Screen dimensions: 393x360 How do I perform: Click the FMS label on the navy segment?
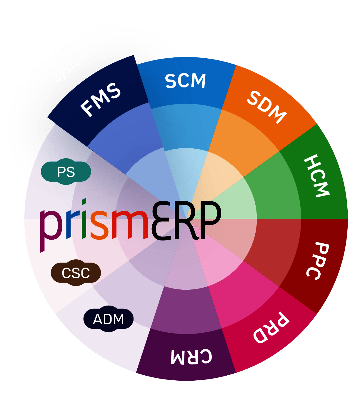pos(101,100)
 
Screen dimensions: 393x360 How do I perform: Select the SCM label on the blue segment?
pos(185,81)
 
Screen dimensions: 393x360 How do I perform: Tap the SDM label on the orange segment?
pos(266,107)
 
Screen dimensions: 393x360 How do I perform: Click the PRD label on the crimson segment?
pos(271,327)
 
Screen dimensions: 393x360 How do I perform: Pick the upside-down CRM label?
pos(191,356)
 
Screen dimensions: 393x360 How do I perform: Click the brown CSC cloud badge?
pos(76,273)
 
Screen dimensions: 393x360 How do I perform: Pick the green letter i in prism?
pos(84,221)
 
